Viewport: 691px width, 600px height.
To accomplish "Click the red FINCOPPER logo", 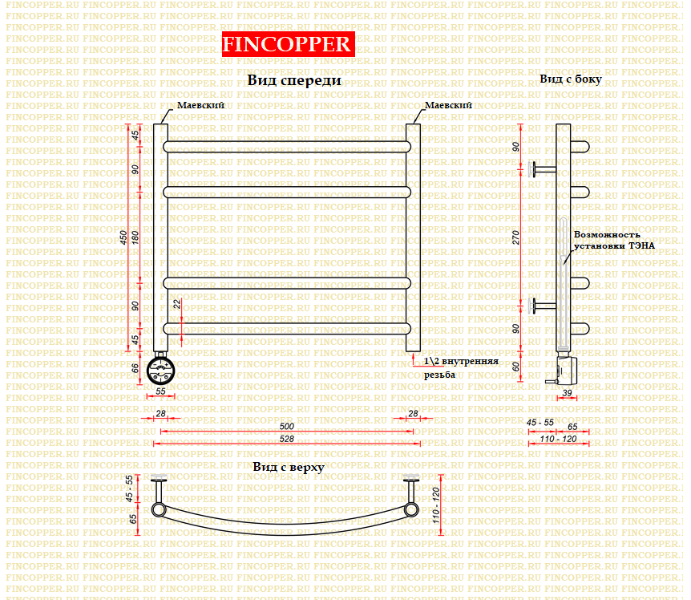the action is [289, 44].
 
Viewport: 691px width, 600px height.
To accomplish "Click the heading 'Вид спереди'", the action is [294, 80].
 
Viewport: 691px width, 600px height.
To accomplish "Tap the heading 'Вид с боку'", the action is [571, 79].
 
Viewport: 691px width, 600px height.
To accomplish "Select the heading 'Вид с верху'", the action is [289, 468].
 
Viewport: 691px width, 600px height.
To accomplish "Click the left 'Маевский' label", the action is [200, 105].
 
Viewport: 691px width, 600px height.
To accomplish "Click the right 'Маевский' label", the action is [448, 105].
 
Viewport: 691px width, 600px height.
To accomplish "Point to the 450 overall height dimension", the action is [123, 237].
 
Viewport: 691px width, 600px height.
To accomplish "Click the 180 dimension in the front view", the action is [135, 237].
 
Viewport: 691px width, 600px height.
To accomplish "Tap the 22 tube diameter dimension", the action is [177, 304].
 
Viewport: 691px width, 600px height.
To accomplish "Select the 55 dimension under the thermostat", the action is [160, 391].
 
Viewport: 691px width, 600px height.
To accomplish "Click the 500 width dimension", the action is [286, 426].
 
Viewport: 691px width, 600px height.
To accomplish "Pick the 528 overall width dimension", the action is [286, 439].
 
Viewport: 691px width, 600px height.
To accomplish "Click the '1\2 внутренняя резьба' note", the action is [461, 367].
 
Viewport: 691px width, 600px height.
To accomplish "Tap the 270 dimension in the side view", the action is [515, 237].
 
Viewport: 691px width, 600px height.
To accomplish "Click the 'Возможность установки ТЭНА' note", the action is [614, 241].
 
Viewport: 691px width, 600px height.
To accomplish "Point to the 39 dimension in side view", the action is [568, 393].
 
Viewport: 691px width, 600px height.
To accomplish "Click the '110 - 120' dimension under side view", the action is [559, 439].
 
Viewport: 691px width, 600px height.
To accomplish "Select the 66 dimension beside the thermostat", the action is [135, 367].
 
